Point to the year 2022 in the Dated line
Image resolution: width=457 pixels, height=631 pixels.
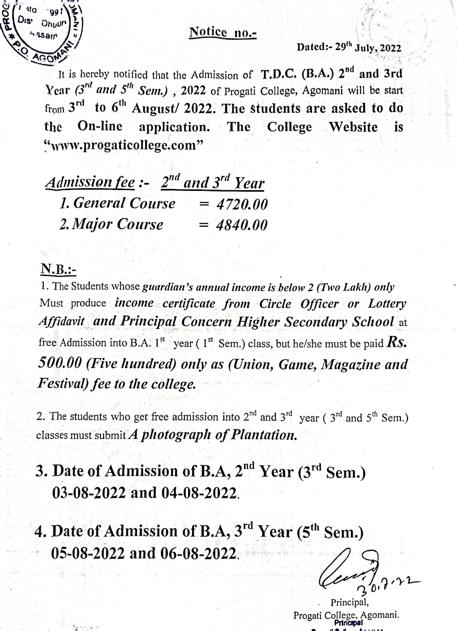point(390,48)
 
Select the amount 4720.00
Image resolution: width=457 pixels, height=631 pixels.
point(242,205)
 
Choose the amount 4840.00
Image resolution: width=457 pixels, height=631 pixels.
point(242,225)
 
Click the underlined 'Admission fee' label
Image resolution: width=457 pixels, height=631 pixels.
point(90,183)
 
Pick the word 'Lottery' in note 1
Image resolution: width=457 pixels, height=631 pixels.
point(387,304)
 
